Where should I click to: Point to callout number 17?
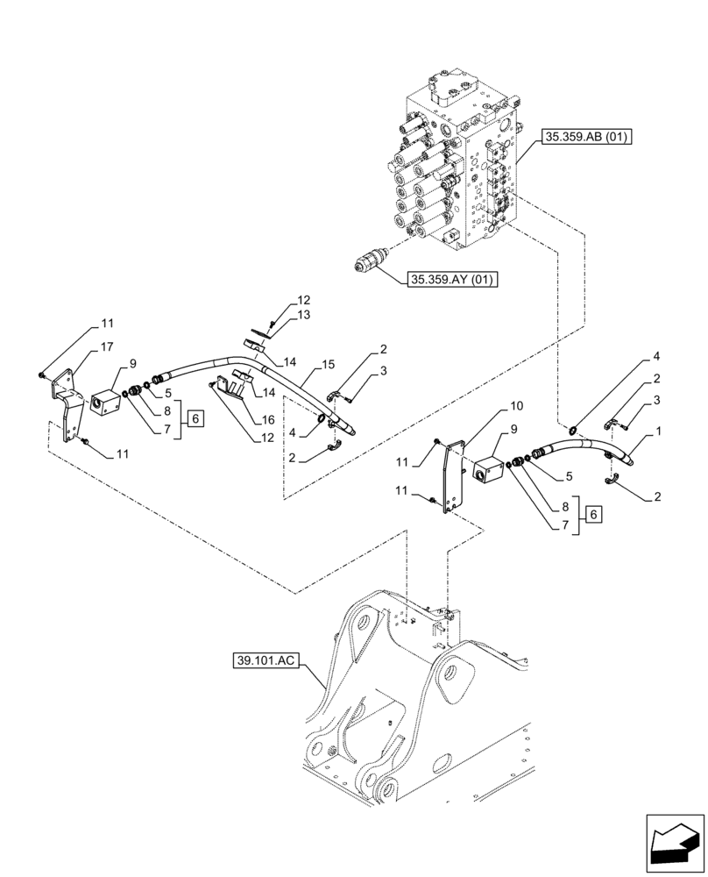pyautogui.click(x=107, y=347)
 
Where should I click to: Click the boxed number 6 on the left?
pyautogui.click(x=195, y=418)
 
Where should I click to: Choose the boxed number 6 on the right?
pyautogui.click(x=594, y=515)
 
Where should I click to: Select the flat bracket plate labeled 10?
pyautogui.click(x=452, y=478)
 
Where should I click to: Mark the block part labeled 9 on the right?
pyautogui.click(x=488, y=466)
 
